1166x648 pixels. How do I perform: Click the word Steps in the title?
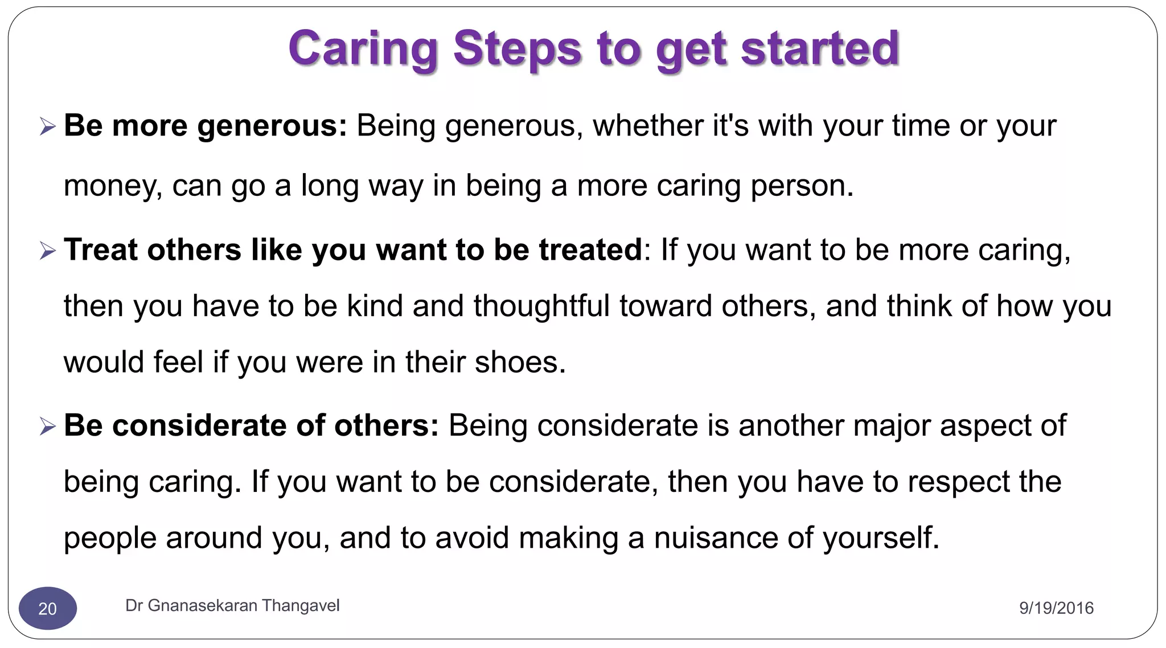517,49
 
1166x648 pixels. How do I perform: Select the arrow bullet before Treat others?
48,251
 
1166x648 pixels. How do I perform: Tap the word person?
802,186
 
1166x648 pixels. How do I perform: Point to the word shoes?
520,362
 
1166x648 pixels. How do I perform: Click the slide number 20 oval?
48,608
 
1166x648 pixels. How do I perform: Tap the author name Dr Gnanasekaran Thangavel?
232,606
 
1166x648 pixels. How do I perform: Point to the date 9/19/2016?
1056,608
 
